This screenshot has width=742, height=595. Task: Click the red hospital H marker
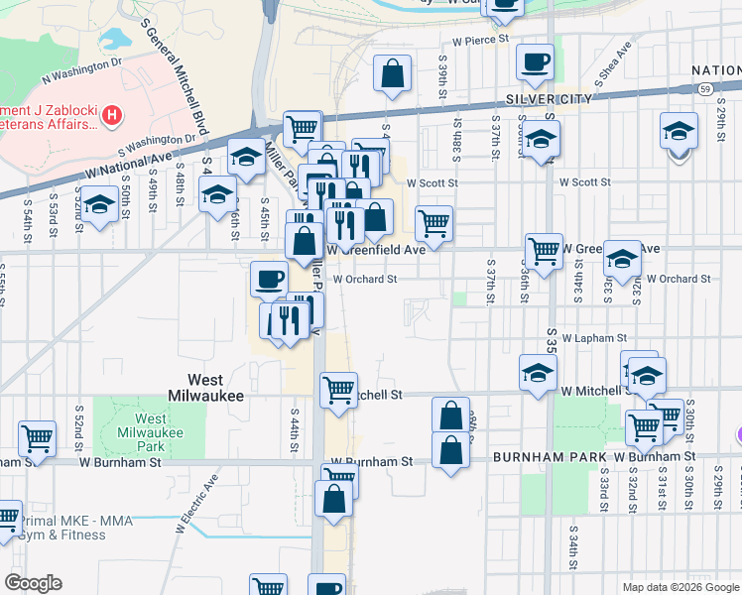click(x=112, y=115)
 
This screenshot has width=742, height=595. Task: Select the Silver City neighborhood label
click(x=549, y=99)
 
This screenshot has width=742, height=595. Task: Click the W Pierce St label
click(x=480, y=41)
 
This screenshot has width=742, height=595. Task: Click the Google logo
click(x=33, y=583)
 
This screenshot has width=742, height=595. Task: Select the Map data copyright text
click(x=680, y=587)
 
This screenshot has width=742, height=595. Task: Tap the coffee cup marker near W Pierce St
click(x=536, y=62)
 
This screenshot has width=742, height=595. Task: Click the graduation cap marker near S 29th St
click(x=680, y=131)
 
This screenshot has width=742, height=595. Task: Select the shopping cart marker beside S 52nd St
click(x=37, y=436)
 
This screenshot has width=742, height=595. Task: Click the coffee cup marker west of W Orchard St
click(x=268, y=279)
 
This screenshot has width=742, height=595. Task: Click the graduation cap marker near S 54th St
click(x=98, y=205)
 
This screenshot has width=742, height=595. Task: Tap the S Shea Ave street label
click(x=610, y=61)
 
